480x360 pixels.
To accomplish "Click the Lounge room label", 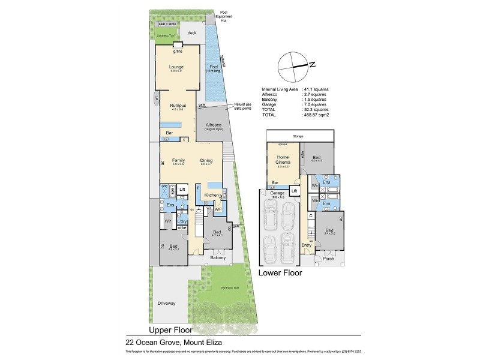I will [x=176, y=67].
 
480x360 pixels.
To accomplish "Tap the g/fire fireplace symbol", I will [x=178, y=46].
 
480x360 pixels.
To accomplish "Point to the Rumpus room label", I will [x=176, y=105].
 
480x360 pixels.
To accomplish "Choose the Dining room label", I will [x=207, y=160].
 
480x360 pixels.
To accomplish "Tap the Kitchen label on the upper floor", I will [x=211, y=196].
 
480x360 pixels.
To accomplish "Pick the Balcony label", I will [x=218, y=258].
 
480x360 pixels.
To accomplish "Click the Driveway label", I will [x=166, y=303].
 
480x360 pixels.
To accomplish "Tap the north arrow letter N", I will [x=313, y=64].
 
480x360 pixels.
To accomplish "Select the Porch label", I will [x=329, y=259].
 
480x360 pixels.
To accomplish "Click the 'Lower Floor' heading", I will [x=280, y=272].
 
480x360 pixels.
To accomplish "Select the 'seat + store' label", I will [x=167, y=25].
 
